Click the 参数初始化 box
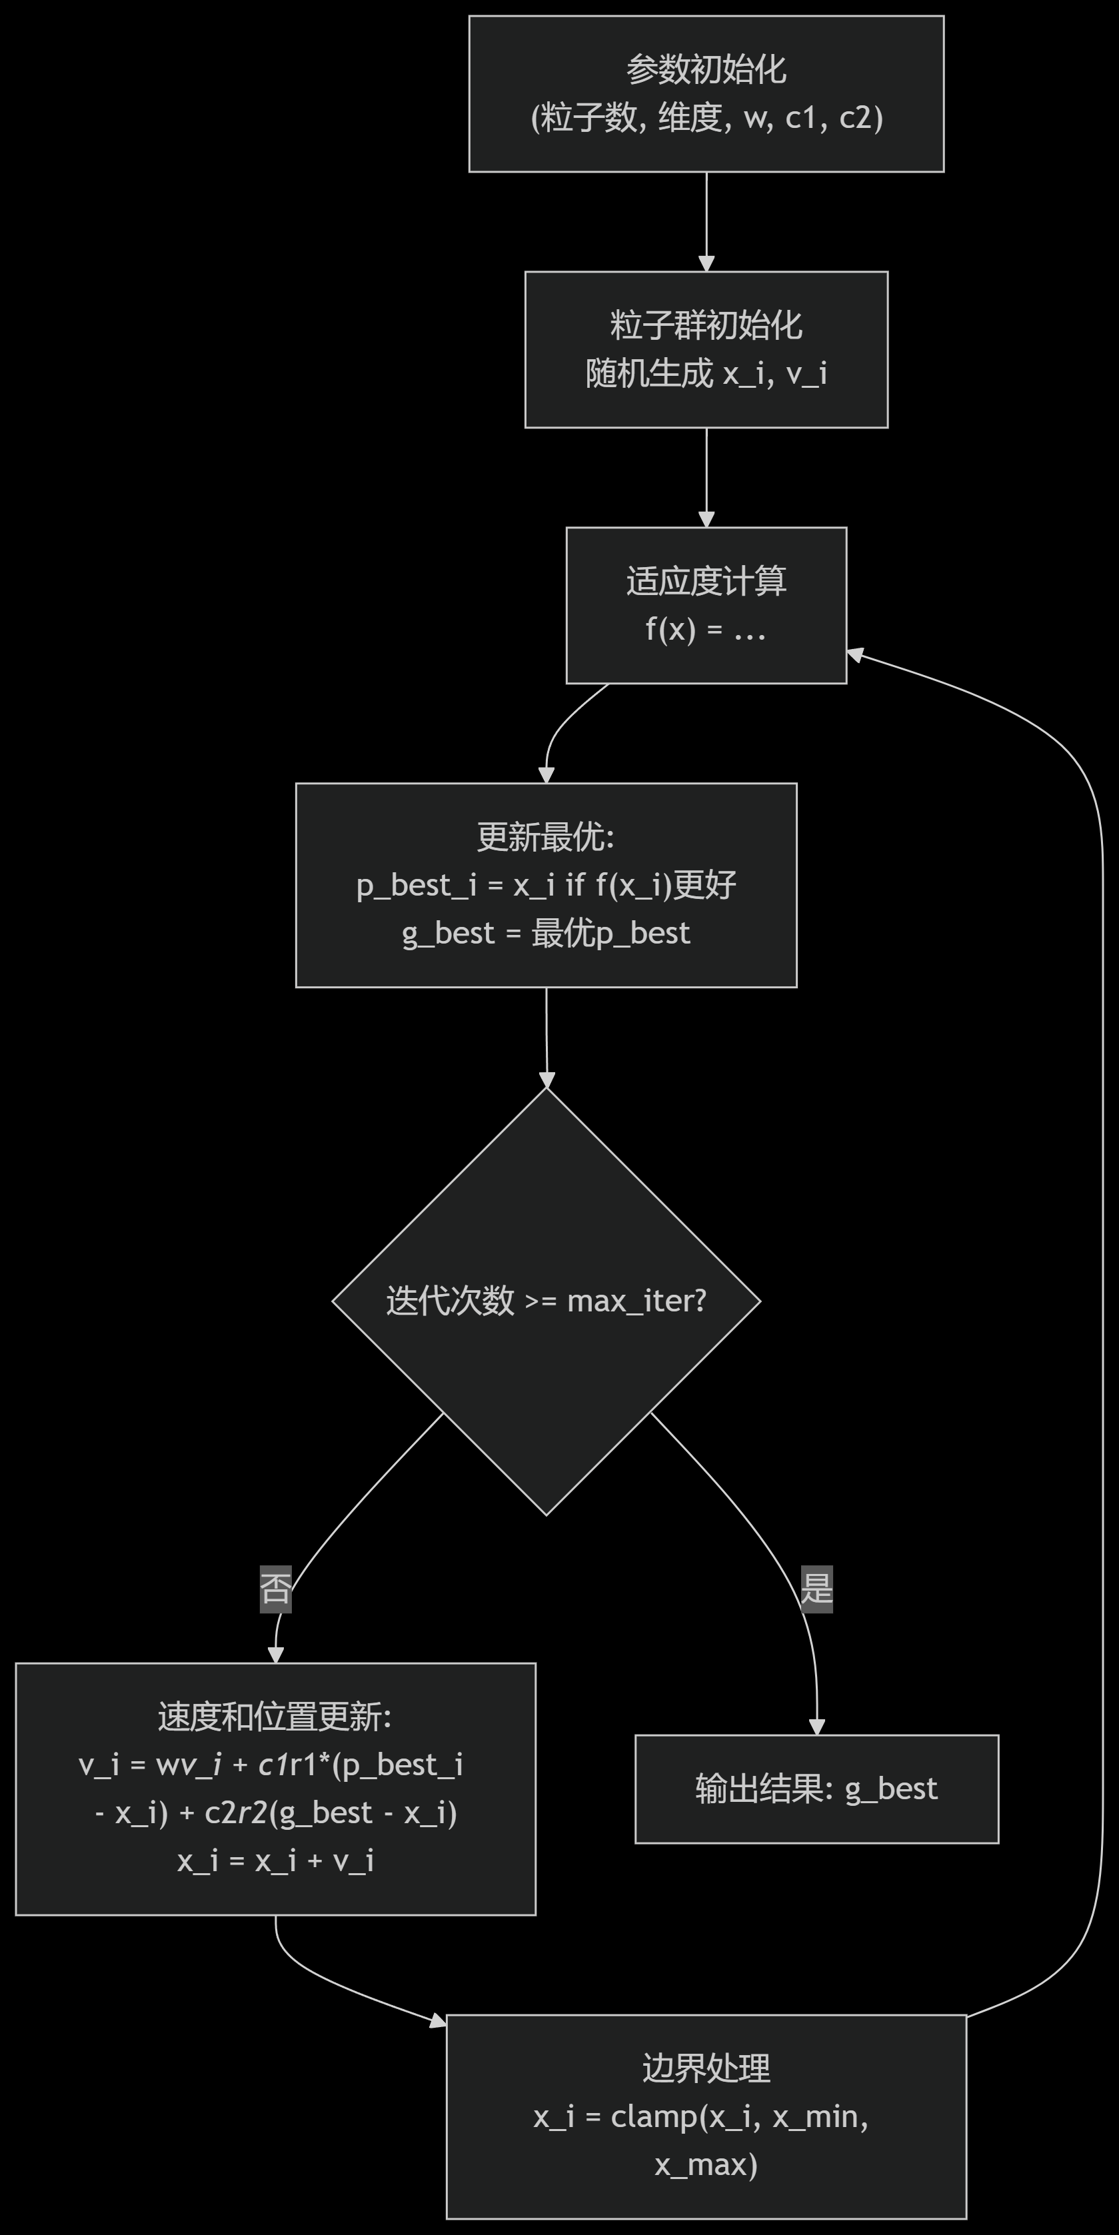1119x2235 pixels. tap(706, 94)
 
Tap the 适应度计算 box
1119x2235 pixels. tap(706, 605)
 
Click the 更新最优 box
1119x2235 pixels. tap(546, 885)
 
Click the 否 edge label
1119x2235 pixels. tap(276, 1589)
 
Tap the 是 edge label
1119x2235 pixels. tap(816, 1589)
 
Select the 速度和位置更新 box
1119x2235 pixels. tap(275, 1788)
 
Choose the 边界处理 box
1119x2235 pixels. tap(706, 2116)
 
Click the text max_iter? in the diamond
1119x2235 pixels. tap(636, 1301)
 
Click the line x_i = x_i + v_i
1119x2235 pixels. tap(275, 1861)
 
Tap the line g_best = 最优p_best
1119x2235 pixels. tap(546, 933)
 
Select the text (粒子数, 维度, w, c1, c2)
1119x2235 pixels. tap(706, 117)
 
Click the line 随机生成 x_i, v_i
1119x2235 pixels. tap(706, 373)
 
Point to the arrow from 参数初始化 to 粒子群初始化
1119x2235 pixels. tap(706, 221)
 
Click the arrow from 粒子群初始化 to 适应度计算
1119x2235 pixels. tap(706, 477)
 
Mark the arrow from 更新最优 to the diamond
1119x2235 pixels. tap(547, 1037)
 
